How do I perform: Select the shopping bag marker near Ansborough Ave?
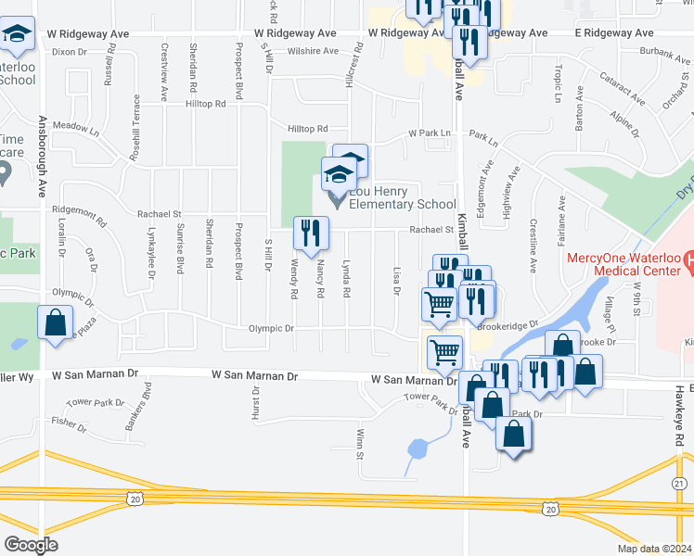(x=56, y=324)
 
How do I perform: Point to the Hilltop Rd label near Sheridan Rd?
(x=206, y=105)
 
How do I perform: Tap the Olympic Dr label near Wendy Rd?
(x=270, y=328)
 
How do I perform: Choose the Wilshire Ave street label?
(x=310, y=51)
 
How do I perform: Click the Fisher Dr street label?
(x=70, y=422)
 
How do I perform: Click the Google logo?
(x=31, y=544)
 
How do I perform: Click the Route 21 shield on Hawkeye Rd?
(x=680, y=485)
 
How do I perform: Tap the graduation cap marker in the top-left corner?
(x=18, y=35)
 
